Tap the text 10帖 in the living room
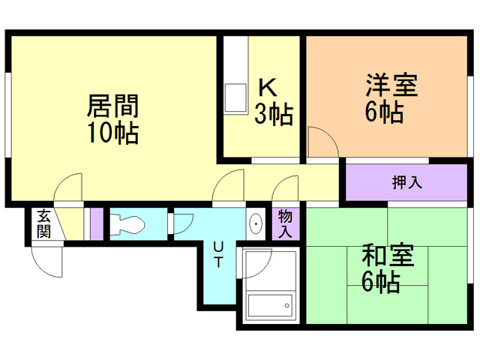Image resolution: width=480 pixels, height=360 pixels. pyautogui.click(x=112, y=133)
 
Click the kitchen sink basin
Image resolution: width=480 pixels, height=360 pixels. pyautogui.click(x=235, y=98)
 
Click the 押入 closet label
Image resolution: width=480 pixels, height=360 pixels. pyautogui.click(x=406, y=182)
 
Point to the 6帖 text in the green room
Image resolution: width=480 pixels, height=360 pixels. pyautogui.click(x=379, y=283)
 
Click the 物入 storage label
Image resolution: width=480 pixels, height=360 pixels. pyautogui.click(x=285, y=223)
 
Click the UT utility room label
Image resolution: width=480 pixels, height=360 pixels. pyautogui.click(x=217, y=254)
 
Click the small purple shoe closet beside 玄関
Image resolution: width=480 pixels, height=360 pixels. pyautogui.click(x=95, y=223)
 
